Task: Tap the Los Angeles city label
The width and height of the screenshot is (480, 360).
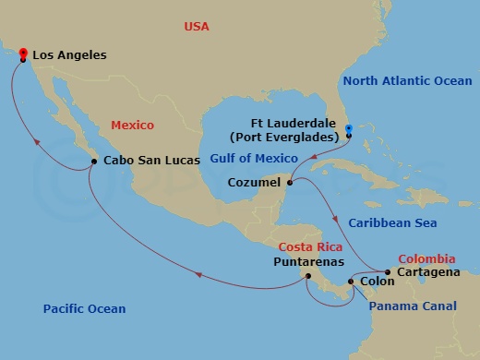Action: coord(69,56)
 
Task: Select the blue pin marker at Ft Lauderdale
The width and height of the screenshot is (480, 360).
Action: coord(348,130)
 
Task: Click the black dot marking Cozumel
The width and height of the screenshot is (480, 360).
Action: coord(290,183)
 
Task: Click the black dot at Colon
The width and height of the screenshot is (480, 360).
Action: coord(350,282)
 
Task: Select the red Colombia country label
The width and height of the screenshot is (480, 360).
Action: coord(425,258)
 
